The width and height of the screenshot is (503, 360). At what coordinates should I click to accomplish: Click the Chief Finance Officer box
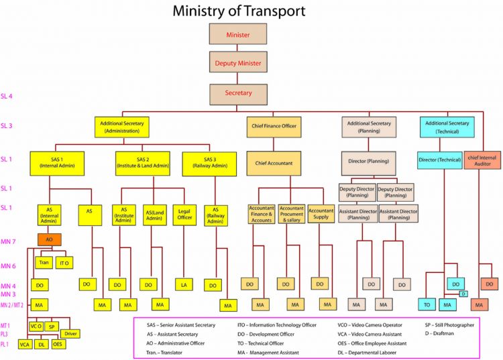274,126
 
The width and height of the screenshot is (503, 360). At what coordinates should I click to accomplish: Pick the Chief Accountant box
274,162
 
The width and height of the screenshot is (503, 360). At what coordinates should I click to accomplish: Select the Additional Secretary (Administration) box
121,127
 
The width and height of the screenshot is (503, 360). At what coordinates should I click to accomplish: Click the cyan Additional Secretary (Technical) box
447,127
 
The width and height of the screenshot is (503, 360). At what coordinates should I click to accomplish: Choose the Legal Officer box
185,213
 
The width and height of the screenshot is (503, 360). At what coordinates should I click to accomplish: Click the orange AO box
50,239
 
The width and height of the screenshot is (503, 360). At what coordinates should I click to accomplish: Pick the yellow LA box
183,285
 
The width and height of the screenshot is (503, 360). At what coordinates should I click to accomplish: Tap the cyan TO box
427,305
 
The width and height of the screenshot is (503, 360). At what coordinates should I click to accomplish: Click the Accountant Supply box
321,214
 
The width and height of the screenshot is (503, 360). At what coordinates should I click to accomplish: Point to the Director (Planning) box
368,162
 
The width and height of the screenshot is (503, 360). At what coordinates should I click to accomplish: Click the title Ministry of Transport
239,11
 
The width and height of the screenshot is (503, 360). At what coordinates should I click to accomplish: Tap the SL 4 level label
7,97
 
